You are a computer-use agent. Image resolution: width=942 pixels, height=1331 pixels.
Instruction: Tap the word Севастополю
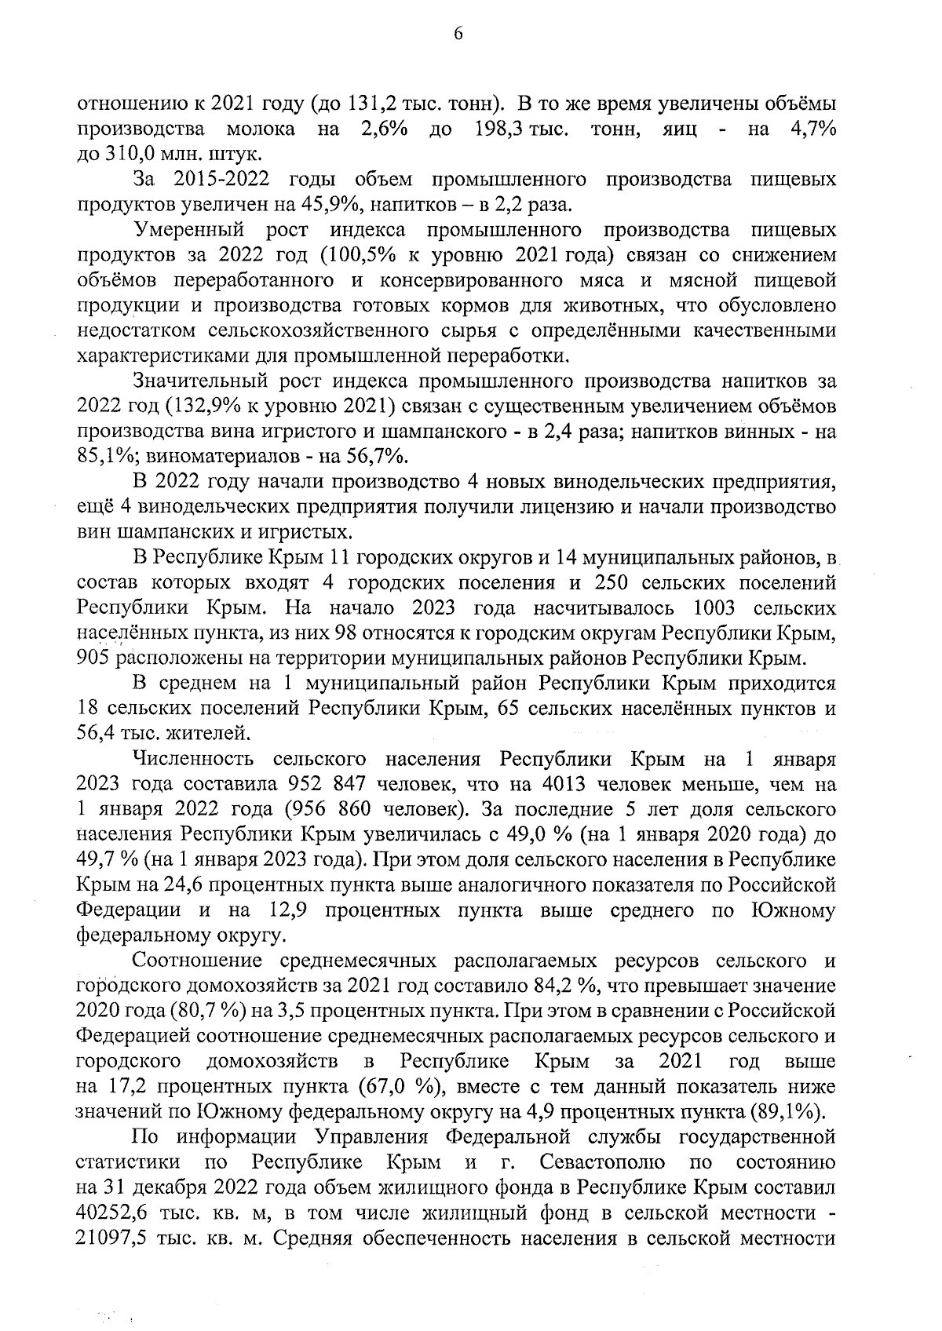(603, 1163)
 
